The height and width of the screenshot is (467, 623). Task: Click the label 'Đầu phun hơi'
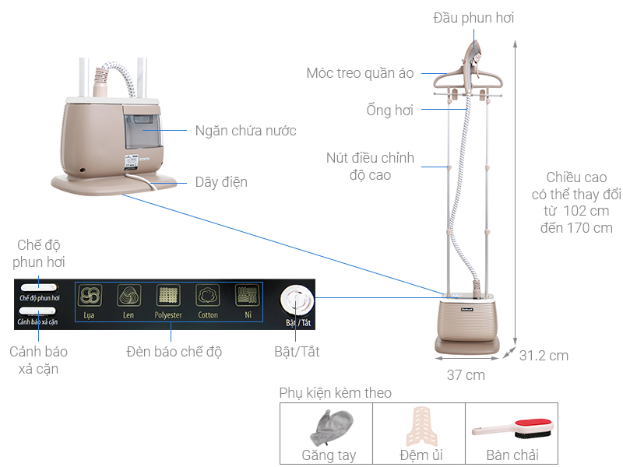(473, 18)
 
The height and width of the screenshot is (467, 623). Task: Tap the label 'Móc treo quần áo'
(360, 73)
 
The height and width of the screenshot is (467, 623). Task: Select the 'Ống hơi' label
(390, 110)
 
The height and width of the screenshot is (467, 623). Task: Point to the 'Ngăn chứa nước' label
(245, 131)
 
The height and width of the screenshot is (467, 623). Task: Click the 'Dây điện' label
(221, 182)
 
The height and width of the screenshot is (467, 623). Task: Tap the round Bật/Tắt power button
(297, 301)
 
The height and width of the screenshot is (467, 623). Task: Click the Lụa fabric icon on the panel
(90, 296)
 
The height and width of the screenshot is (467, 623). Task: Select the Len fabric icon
(128, 296)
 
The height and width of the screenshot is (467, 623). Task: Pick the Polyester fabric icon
(168, 296)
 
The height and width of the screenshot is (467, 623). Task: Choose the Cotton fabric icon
(208, 296)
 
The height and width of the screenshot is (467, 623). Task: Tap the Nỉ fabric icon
(247, 296)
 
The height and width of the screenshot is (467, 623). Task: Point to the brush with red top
(513, 429)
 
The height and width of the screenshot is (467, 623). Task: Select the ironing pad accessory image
(421, 427)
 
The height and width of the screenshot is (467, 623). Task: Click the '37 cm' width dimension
(466, 375)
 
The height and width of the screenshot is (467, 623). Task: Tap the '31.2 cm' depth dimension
(544, 356)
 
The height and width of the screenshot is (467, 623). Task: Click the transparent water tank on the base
(143, 131)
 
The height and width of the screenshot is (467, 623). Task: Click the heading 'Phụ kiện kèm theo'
(335, 393)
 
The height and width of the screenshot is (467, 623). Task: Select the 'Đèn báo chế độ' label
(174, 352)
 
